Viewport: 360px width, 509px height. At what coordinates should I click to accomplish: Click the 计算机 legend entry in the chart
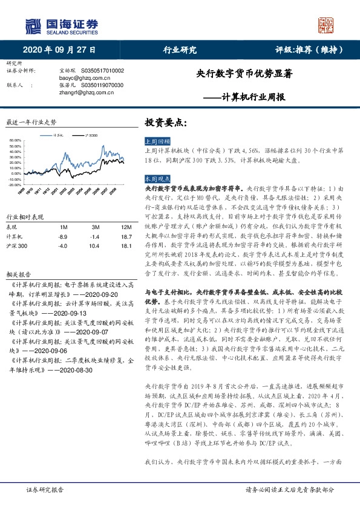59,135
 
